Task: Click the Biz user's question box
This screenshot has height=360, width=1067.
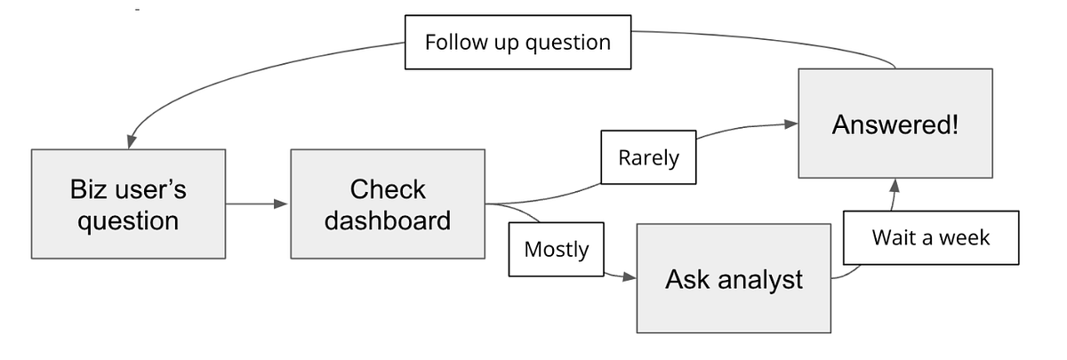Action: click(x=128, y=204)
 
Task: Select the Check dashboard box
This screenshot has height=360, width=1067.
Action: click(x=388, y=204)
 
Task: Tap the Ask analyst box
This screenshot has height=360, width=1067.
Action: click(x=734, y=280)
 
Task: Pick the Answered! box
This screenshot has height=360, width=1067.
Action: click(x=895, y=124)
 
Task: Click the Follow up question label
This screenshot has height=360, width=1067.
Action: click(x=517, y=42)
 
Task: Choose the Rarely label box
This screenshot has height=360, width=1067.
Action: click(x=648, y=158)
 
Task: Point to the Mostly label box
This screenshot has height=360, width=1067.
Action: click(x=556, y=250)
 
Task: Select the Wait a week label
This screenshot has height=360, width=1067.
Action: click(x=930, y=237)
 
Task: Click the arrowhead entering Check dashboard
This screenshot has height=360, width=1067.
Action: click(x=283, y=204)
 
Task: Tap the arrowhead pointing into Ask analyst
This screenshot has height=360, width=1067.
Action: click(x=630, y=277)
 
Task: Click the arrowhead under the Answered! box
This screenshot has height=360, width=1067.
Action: click(x=895, y=185)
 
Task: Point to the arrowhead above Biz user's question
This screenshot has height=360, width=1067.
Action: click(x=130, y=142)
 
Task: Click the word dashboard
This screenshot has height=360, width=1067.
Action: click(x=388, y=220)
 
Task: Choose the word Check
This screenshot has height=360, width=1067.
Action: click(x=388, y=189)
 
